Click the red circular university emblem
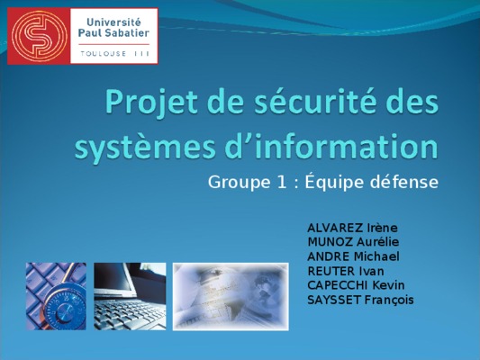pos(40,36)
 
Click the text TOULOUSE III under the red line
pos(114,54)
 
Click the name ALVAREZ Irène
pos(352,228)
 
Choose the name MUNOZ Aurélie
pos(353,242)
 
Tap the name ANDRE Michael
pos(353,256)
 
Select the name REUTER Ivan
pos(346,271)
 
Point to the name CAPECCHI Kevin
pos(356,285)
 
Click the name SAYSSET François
pos(360,300)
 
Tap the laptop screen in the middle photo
pos(113,279)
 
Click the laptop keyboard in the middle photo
pos(129,313)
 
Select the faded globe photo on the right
pos(231,296)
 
